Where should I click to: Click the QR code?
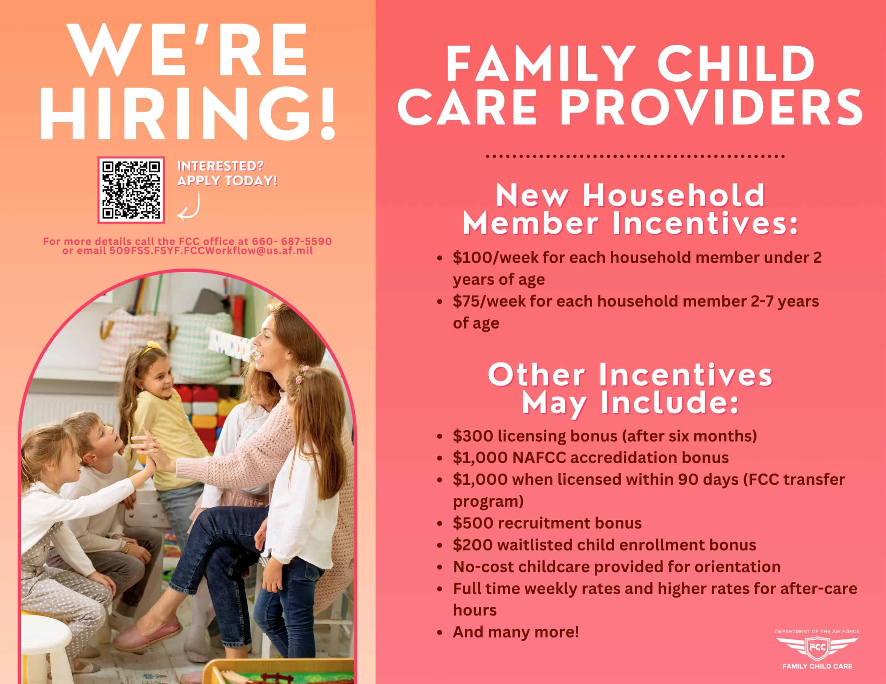tap(131, 190)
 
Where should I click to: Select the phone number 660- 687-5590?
tap(292, 242)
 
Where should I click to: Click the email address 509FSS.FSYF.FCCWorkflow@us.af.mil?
tap(211, 251)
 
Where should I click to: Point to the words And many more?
tap(516, 632)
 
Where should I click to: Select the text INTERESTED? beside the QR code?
tap(220, 166)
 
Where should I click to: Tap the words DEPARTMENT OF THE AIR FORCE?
tap(817, 632)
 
